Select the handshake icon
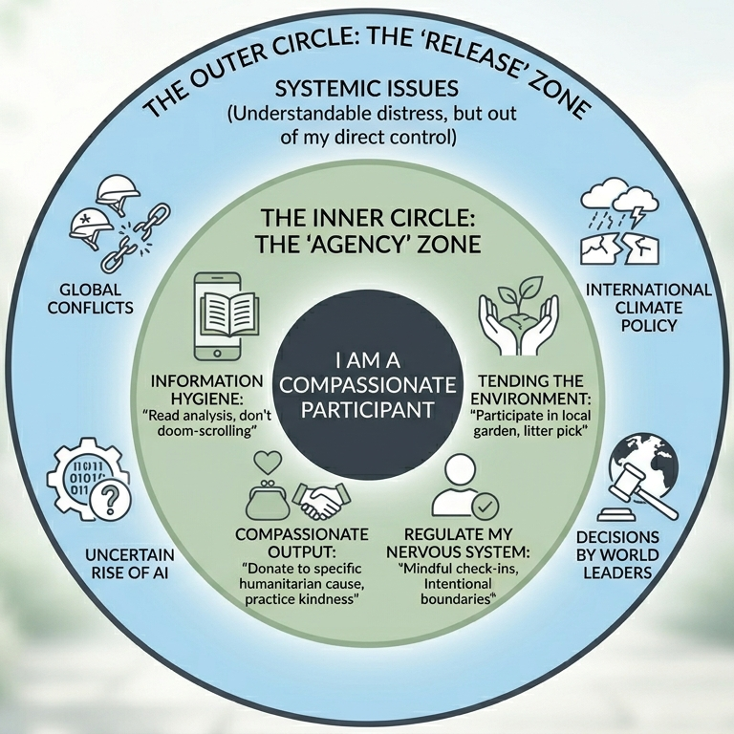click(x=319, y=498)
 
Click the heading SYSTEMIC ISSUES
click(x=367, y=90)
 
